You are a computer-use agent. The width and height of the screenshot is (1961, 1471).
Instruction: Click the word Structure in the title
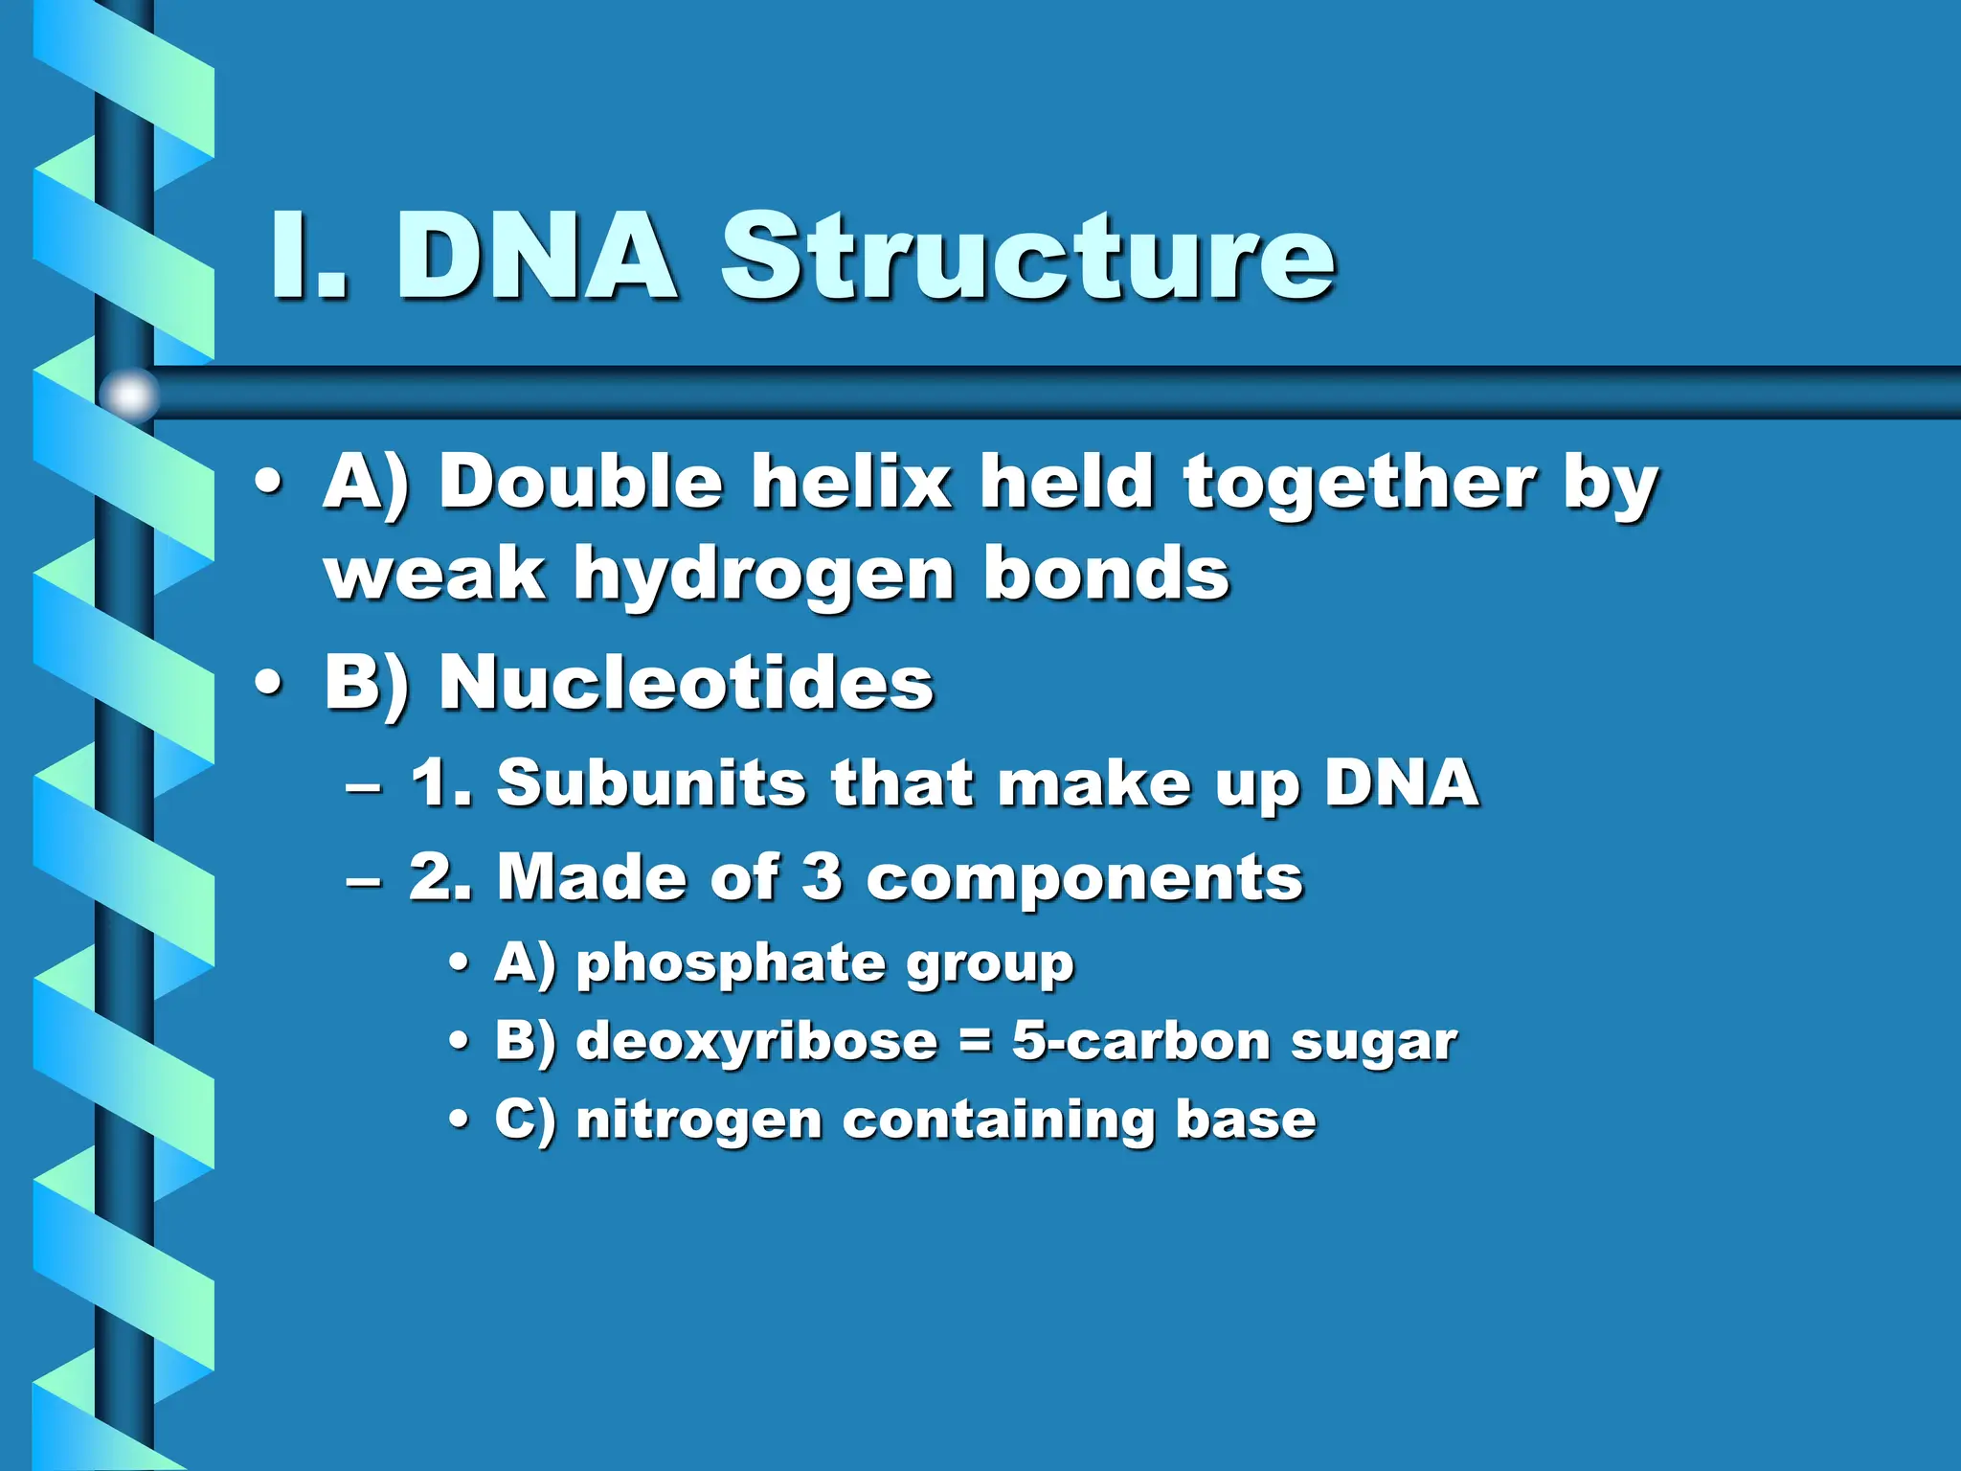tap(1027, 257)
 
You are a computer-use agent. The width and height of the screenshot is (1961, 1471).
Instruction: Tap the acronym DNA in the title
tap(537, 257)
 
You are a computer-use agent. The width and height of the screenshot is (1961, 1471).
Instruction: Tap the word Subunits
tap(652, 783)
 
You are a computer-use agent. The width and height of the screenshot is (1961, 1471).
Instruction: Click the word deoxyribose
tap(756, 1042)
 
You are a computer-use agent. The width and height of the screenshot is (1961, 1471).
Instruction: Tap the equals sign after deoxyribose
tap(975, 1042)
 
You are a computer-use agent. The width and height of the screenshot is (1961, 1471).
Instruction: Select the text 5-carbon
tap(1141, 1042)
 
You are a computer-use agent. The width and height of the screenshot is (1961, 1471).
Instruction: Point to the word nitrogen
tap(699, 1120)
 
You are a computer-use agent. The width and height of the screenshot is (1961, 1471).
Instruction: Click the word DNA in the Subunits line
tap(1402, 783)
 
